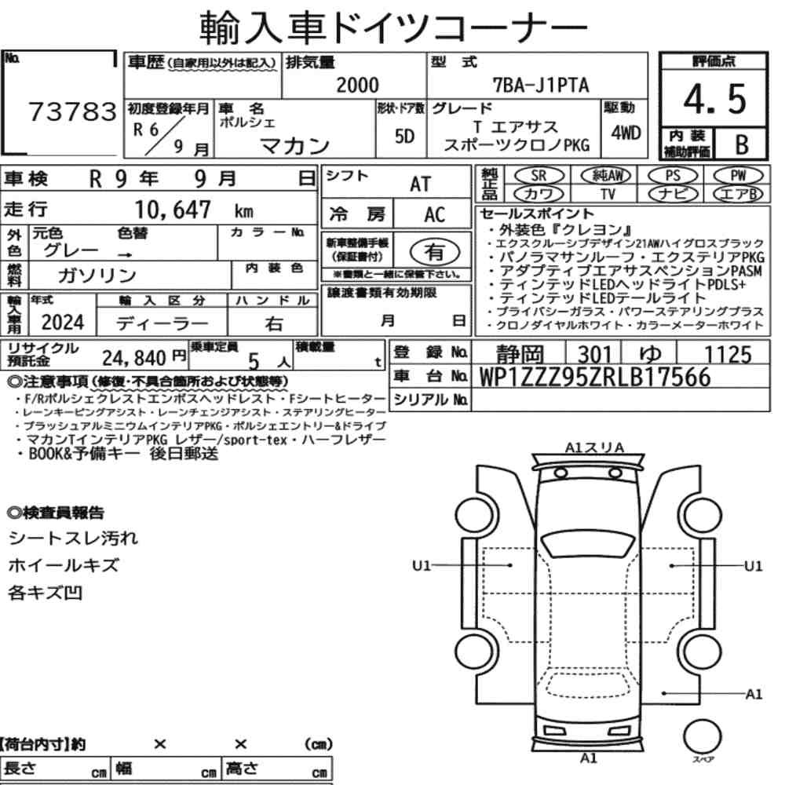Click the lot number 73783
pos(72,111)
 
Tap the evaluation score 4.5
pos(714,99)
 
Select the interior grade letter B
pos(742,144)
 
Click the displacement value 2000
pos(357,85)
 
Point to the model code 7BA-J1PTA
pos(541,85)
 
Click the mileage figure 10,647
pos(173,210)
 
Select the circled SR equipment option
pos(539,176)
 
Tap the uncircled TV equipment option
pos(608,194)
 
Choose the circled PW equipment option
pos(738,176)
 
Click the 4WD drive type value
pos(626,133)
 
